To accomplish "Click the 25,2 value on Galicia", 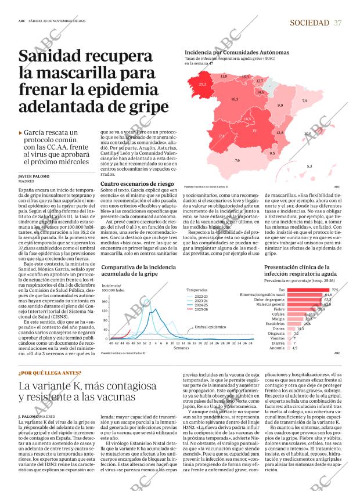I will (202, 85).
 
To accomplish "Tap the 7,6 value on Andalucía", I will (237, 160).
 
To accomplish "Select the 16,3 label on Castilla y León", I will (235, 100).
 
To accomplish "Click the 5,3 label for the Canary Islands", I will (309, 167).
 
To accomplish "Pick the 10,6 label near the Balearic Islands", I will (308, 133).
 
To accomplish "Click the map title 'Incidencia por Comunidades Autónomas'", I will (228, 52).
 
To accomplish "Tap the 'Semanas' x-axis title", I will (181, 348).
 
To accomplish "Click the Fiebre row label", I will (279, 309).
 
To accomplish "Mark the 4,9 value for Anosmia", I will (295, 348).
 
